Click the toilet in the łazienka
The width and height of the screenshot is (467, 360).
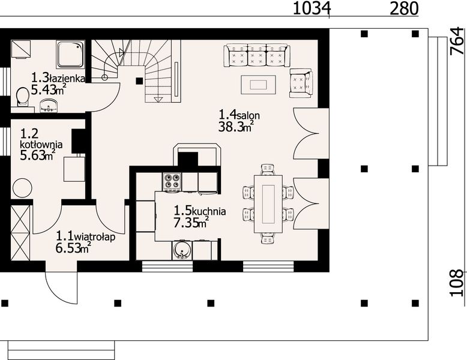click(22, 97)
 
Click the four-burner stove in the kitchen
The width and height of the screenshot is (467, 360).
click(172, 181)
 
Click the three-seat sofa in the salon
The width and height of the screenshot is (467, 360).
click(257, 55)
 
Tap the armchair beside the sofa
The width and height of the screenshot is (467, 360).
click(300, 83)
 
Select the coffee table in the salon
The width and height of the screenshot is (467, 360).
click(259, 84)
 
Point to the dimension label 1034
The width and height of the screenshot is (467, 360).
click(312, 8)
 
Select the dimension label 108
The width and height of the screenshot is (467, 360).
click(457, 282)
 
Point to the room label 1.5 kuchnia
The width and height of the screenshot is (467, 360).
click(200, 211)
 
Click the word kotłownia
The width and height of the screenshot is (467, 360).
click(41, 145)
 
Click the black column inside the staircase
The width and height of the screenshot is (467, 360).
click(139, 80)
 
